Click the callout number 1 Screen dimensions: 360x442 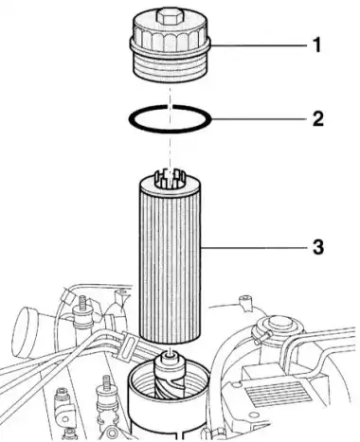(316, 45)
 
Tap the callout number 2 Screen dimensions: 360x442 (318, 119)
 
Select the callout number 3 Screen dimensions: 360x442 (318, 247)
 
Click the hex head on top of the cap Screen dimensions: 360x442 (170, 16)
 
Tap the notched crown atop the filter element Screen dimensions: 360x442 (170, 180)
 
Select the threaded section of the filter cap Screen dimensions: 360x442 (170, 67)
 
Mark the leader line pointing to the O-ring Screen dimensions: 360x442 (259, 119)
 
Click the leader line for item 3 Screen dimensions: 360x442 (254, 247)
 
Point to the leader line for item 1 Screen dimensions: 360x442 (258, 45)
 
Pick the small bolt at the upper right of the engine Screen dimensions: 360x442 (244, 302)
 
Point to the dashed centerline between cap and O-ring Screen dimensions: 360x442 (171, 94)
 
